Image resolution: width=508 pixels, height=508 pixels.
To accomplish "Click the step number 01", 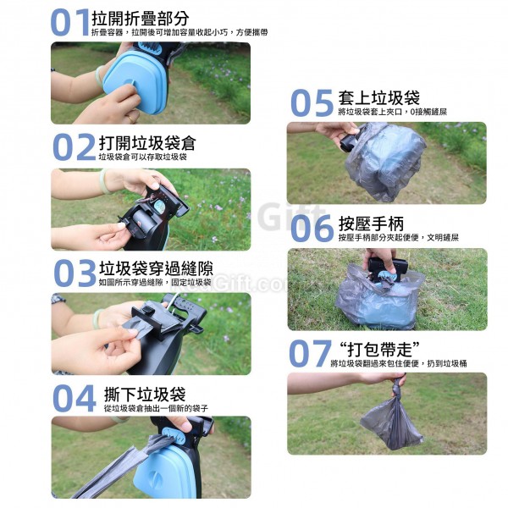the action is pos(69,22).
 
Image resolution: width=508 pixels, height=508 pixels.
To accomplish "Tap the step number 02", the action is pos(75,147).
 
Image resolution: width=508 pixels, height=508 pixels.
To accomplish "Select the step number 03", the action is pos(75,273).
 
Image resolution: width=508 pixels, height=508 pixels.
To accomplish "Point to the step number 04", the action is pos(75,398).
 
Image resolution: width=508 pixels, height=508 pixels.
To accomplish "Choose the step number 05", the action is pos(312,103).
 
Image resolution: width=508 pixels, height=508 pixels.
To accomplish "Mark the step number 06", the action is pos(312,229).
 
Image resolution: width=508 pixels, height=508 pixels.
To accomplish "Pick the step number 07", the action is pos(310,353).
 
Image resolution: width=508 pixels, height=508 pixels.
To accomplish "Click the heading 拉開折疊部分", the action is pos(141,18).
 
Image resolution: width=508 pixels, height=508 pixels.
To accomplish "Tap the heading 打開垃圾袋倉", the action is pos(147,143).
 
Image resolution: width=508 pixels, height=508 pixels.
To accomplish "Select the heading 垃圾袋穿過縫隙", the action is pos(156,268).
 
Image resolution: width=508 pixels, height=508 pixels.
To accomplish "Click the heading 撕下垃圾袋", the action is pos(145,395).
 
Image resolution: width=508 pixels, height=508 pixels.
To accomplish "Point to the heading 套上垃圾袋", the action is pos(378,97).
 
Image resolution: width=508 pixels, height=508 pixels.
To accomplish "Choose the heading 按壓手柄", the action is pos(372,224).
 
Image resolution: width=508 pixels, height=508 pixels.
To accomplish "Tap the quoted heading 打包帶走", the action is pos(379,349).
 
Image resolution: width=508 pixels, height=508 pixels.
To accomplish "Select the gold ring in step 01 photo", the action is pos(132,118).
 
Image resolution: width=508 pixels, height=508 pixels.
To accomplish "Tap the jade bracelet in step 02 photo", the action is pos(104,181).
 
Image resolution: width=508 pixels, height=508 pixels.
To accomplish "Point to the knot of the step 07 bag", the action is pos(397,386).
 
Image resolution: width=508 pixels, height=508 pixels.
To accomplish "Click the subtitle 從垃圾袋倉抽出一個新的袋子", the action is pos(156,408).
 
